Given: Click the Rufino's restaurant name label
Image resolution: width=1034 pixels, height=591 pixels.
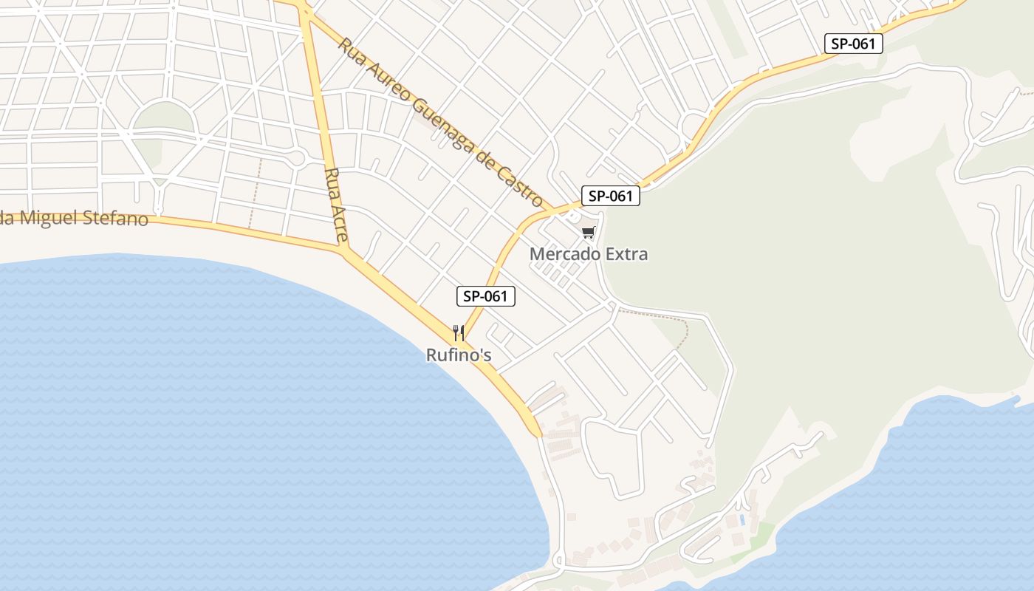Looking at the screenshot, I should pyautogui.click(x=459, y=355).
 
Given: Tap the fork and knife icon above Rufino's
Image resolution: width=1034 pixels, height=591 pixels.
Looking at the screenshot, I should pyautogui.click(x=459, y=333).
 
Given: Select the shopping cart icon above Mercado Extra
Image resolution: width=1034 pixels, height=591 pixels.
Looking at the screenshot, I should pyautogui.click(x=588, y=233).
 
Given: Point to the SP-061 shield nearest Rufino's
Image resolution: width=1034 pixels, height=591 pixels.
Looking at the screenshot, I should pyautogui.click(x=485, y=296).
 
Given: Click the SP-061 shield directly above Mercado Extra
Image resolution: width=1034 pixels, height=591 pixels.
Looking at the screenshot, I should pyautogui.click(x=610, y=196).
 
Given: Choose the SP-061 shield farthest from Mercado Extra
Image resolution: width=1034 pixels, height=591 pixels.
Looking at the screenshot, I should pyautogui.click(x=853, y=44).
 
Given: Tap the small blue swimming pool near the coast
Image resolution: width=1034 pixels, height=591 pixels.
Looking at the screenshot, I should pyautogui.click(x=742, y=520).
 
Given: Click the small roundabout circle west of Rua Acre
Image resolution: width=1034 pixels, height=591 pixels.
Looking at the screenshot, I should pyautogui.click(x=297, y=157).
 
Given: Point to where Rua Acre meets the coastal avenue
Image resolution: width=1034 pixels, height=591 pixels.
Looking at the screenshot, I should pyautogui.click(x=344, y=250).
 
